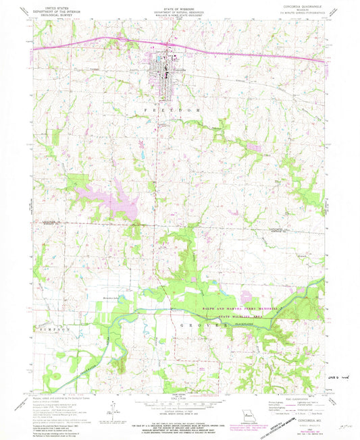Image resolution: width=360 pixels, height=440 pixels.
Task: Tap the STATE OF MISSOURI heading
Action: [x=179, y=10]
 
